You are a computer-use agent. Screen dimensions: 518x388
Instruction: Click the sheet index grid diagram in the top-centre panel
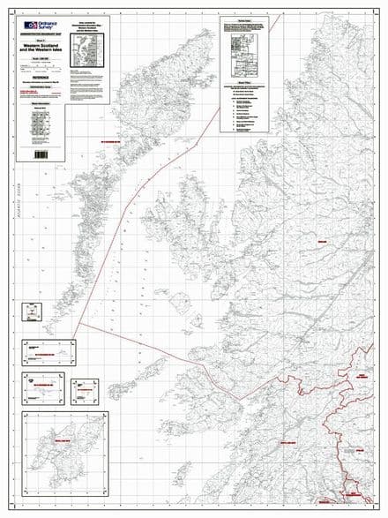(x=242, y=45)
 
